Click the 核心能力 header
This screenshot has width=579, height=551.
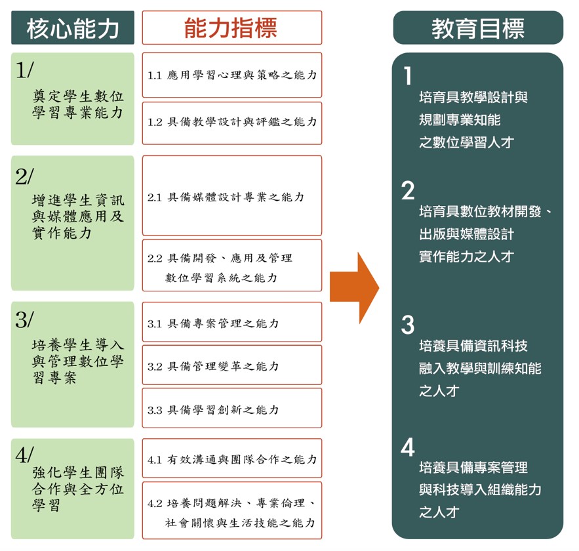[x=73, y=28]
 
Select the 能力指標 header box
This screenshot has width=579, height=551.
[x=231, y=28]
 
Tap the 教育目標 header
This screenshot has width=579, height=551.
[x=477, y=28]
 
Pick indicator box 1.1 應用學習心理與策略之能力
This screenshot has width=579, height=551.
[x=231, y=75]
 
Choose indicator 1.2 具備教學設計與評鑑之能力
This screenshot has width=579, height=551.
[x=231, y=122]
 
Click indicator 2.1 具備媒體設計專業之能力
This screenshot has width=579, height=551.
[x=231, y=196]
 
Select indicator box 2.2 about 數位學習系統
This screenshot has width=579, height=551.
[x=231, y=266]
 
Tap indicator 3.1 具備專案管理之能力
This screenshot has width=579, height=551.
[x=231, y=323]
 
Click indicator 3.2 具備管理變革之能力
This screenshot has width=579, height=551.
[x=231, y=365]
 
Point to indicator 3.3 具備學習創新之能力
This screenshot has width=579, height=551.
[x=231, y=409]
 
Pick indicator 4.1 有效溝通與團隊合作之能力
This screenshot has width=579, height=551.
[x=231, y=459]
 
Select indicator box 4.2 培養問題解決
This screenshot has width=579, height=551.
[x=231, y=512]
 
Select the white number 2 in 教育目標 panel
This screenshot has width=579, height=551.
[x=409, y=191]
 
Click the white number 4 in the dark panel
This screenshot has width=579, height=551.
[x=409, y=448]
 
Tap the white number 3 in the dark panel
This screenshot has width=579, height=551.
[x=409, y=325]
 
